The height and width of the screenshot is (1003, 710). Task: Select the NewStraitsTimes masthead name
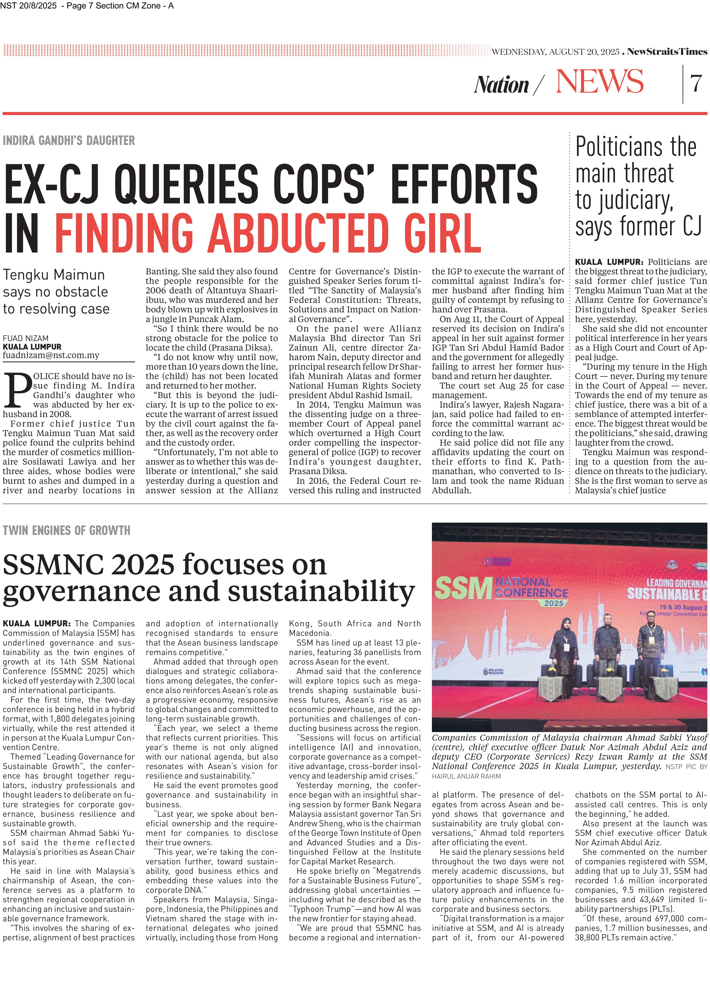click(667, 52)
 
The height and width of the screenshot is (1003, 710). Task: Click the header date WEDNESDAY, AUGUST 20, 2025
click(555, 52)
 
